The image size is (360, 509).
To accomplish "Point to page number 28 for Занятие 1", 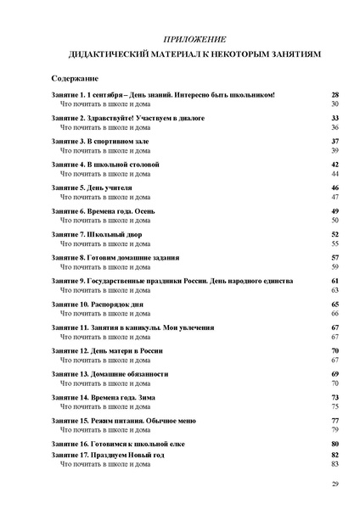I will point(335,94).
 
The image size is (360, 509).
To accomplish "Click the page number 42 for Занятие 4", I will point(335,164).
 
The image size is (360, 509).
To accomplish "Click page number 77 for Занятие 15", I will point(335,421).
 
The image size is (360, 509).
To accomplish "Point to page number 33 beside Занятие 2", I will point(335,117).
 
